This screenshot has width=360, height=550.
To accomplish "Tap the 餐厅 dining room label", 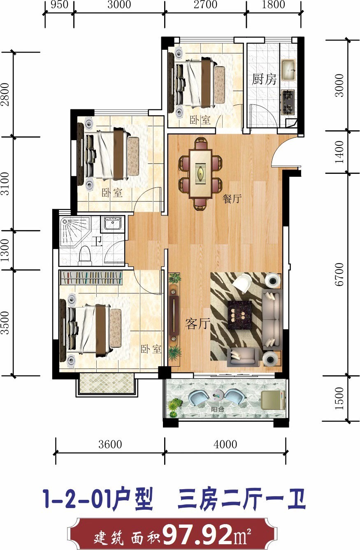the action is pyautogui.click(x=232, y=199).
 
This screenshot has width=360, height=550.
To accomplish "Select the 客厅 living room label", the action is pyautogui.click(x=197, y=324).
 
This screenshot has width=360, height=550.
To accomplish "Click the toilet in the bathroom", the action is pyautogui.click(x=84, y=255).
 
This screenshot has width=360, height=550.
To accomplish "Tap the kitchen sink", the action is pyautogui.click(x=289, y=70).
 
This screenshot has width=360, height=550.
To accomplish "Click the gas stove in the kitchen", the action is pyautogui.click(x=288, y=102).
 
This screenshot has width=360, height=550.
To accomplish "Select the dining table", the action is pyautogui.click(x=200, y=174).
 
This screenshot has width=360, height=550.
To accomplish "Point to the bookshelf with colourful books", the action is pyautogui.click(x=91, y=277).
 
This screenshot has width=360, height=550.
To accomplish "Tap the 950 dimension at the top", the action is pyautogui.click(x=59, y=5).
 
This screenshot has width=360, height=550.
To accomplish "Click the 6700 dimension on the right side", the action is pyautogui.click(x=339, y=274).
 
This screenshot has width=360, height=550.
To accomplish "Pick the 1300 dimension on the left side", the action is pyautogui.click(x=5, y=250).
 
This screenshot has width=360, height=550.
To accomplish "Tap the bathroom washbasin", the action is pyautogui.click(x=112, y=223).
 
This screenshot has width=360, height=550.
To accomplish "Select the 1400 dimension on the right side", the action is pyautogui.click(x=339, y=152).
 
